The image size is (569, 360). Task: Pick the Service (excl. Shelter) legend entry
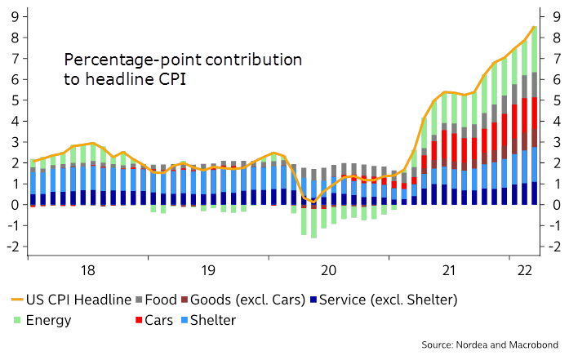385,300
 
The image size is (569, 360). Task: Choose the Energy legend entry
51,319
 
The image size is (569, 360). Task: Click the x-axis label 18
88,270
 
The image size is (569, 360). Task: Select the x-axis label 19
208,270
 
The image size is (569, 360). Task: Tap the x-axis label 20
329,270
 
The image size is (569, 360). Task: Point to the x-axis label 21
448,270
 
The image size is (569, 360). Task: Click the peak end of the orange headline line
534,27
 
